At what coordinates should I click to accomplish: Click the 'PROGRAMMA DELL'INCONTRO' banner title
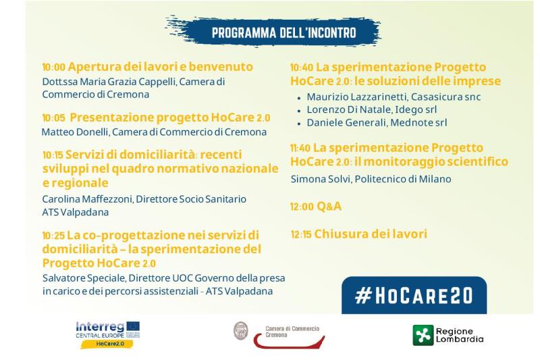click(x=283, y=32)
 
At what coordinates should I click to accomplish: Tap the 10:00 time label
click(x=53, y=67)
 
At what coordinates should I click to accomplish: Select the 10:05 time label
click(x=53, y=118)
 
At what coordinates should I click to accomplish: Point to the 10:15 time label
click(x=53, y=155)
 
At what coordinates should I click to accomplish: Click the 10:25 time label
click(x=53, y=236)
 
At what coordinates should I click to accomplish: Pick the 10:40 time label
click(x=302, y=68)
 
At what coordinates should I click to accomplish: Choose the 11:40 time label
click(x=300, y=148)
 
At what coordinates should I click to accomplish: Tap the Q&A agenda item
click(x=329, y=207)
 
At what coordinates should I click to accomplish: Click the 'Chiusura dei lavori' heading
click(x=371, y=234)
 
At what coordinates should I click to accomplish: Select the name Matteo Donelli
click(x=75, y=132)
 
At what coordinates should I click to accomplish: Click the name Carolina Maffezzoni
click(x=87, y=199)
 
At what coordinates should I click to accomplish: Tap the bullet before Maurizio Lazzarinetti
click(x=299, y=98)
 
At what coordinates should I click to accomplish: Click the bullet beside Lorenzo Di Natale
click(x=299, y=111)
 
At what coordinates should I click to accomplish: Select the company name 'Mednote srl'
click(x=418, y=123)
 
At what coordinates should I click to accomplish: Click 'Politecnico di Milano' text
click(x=403, y=179)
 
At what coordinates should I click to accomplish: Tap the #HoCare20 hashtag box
click(x=414, y=295)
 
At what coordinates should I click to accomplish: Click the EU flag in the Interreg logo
click(x=133, y=326)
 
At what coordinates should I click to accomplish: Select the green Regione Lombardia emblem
click(x=423, y=335)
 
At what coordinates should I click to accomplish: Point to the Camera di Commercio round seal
click(x=241, y=331)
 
